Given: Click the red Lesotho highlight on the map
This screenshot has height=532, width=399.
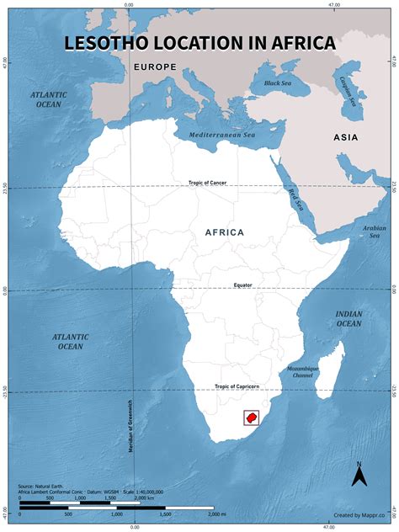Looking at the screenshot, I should (x=251, y=418).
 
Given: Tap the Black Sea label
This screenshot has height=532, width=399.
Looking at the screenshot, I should (x=277, y=83).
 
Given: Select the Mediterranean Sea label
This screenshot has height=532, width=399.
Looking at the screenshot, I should (x=221, y=135).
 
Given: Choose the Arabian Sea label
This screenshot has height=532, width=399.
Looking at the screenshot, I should (x=374, y=231).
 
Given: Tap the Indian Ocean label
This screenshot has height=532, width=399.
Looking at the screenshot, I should (x=349, y=318).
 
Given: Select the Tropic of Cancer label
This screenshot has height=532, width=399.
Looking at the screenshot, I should (x=207, y=183).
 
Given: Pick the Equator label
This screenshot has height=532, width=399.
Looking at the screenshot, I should (x=243, y=285).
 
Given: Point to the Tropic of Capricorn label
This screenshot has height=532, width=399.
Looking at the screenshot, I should (x=237, y=386).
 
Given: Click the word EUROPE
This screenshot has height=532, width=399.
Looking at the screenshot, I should (x=153, y=66).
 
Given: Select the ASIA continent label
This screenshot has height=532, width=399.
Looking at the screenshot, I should (x=346, y=137).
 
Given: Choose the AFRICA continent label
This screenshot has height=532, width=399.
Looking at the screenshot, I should (x=224, y=232).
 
